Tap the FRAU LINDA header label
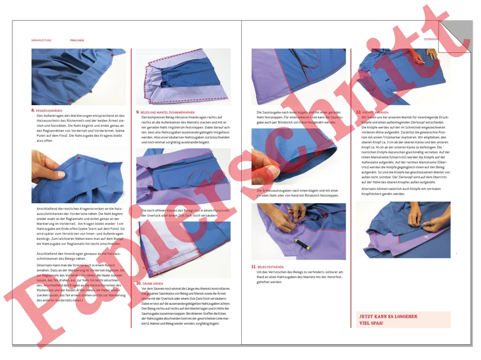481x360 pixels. (x=77, y=40)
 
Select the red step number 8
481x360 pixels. (x=33, y=111)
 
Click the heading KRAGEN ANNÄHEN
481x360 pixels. (x=49, y=111)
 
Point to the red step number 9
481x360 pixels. (x=138, y=112)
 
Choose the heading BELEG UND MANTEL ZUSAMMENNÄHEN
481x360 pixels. (x=168, y=112)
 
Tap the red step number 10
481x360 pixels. (x=139, y=283)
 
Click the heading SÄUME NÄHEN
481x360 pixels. (x=153, y=284)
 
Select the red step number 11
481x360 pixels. (x=253, y=267)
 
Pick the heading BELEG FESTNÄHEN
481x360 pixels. (x=270, y=267)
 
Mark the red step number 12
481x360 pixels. (x=358, y=112)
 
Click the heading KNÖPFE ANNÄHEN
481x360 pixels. (x=375, y=112)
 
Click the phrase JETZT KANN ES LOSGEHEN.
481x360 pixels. (x=388, y=316)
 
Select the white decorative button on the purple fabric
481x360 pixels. (x=426, y=237)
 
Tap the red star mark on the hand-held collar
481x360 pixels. (x=77, y=158)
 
